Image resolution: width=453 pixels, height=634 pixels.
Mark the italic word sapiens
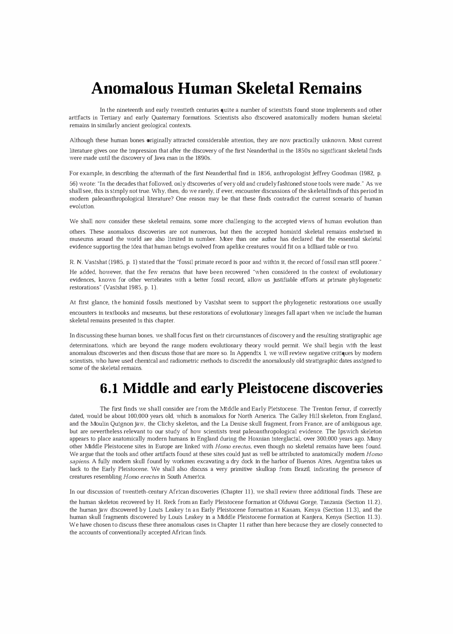[x=80, y=461]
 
